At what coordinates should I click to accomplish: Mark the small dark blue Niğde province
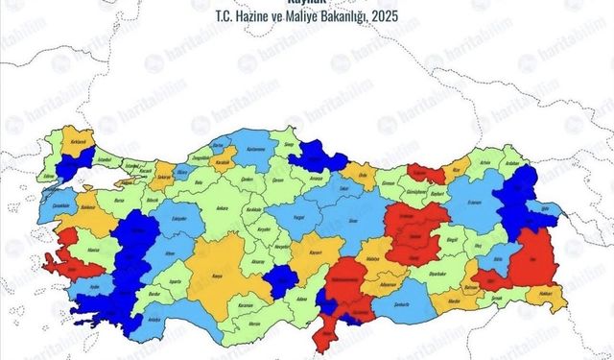point(281,279)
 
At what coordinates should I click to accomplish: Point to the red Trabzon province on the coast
point(426,173)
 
